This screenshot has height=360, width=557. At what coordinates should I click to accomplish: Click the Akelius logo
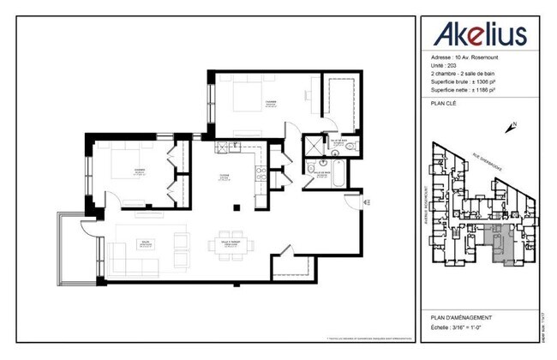click(479, 33)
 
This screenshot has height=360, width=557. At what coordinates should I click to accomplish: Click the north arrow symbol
click(512, 128)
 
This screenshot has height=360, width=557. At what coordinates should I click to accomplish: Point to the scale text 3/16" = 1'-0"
click(468, 326)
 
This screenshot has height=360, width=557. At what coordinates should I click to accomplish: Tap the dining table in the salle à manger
click(230, 243)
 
